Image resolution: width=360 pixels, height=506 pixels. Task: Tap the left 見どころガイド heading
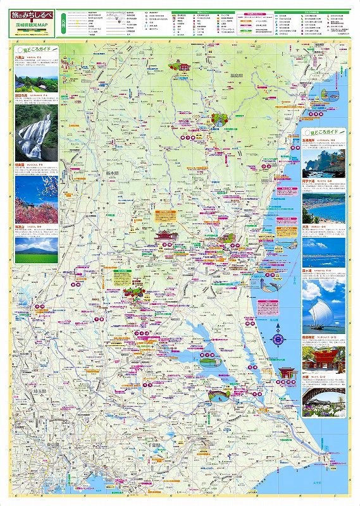coord(37,49)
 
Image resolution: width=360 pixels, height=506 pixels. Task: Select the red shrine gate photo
coord(323,357)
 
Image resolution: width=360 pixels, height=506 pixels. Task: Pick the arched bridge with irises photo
coord(323,398)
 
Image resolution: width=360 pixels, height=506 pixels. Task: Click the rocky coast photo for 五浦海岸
coord(323,162)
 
